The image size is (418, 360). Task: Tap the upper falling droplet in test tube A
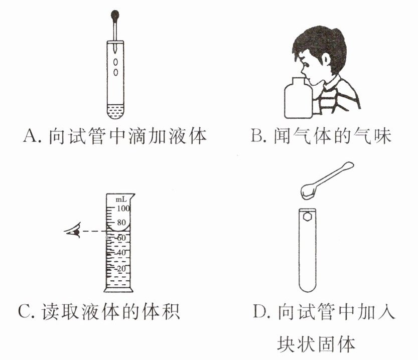click(x=115, y=62)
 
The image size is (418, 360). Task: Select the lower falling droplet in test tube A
click(x=116, y=72)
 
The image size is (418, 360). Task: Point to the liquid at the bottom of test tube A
click(x=115, y=112)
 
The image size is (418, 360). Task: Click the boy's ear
click(x=326, y=60)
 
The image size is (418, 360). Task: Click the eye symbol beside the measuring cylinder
click(x=73, y=231)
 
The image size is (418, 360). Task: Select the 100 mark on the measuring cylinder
click(x=123, y=208)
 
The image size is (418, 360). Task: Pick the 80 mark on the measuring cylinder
click(x=121, y=222)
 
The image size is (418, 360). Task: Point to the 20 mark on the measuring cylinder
click(x=121, y=269)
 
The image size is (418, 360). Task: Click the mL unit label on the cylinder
click(x=121, y=199)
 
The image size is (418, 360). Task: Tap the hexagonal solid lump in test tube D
click(x=308, y=216)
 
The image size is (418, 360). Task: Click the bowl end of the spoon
click(x=309, y=191)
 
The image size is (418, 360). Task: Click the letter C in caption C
click(x=25, y=311)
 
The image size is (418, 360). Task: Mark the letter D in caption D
click(x=259, y=311)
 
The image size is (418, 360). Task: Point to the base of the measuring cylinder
click(x=118, y=289)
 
